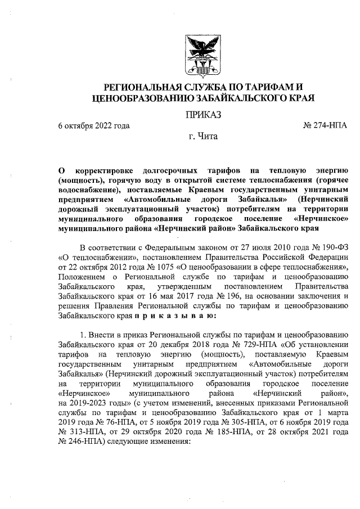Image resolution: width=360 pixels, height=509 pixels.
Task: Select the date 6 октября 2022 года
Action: [94, 125]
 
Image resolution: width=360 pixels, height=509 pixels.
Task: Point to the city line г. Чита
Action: [203, 136]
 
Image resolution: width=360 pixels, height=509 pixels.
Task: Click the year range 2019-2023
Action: [93, 415]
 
